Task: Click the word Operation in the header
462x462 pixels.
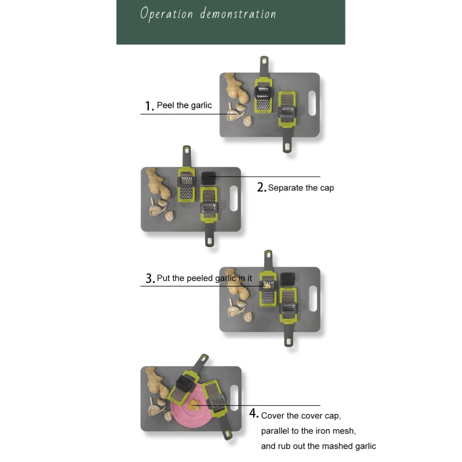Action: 166,14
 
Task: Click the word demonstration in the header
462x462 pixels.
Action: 238,14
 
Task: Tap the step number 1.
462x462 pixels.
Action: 149,106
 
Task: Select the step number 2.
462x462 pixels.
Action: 261,187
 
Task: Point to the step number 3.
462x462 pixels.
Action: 150,278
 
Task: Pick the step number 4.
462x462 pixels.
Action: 254,413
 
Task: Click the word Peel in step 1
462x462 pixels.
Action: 166,105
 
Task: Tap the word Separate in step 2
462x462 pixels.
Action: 286,188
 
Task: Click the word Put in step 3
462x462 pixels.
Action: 163,278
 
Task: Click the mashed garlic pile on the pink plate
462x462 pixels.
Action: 193,405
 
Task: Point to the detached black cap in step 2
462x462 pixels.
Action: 208,178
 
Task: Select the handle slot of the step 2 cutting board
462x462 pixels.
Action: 233,198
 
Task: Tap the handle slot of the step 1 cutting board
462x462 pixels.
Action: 312,103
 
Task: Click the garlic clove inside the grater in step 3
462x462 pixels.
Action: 267,285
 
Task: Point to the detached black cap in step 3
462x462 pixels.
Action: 287,278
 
